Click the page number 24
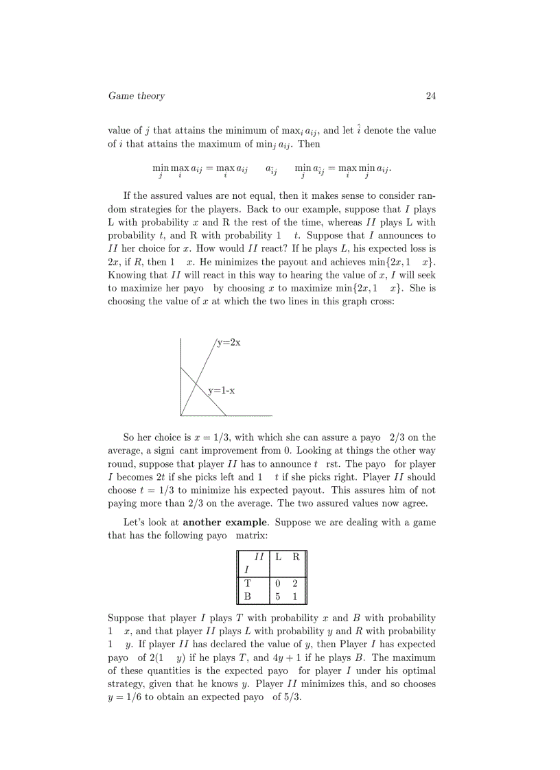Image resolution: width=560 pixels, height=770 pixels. (x=430, y=96)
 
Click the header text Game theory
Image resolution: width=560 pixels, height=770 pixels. (x=137, y=96)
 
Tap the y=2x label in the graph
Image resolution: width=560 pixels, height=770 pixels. (x=229, y=343)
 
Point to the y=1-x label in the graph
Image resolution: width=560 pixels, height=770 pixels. (x=222, y=390)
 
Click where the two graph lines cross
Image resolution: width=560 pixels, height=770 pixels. (x=197, y=383)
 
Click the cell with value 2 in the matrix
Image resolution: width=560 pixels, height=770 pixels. (x=294, y=583)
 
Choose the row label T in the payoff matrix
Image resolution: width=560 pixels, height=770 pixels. (x=247, y=583)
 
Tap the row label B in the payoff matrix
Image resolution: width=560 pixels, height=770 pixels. (x=247, y=597)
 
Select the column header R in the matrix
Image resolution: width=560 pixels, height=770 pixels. (x=295, y=557)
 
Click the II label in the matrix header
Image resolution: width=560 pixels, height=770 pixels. (x=259, y=557)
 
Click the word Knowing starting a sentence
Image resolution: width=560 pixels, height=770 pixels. (x=126, y=274)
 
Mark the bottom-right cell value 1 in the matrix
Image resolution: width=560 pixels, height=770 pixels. (x=294, y=597)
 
